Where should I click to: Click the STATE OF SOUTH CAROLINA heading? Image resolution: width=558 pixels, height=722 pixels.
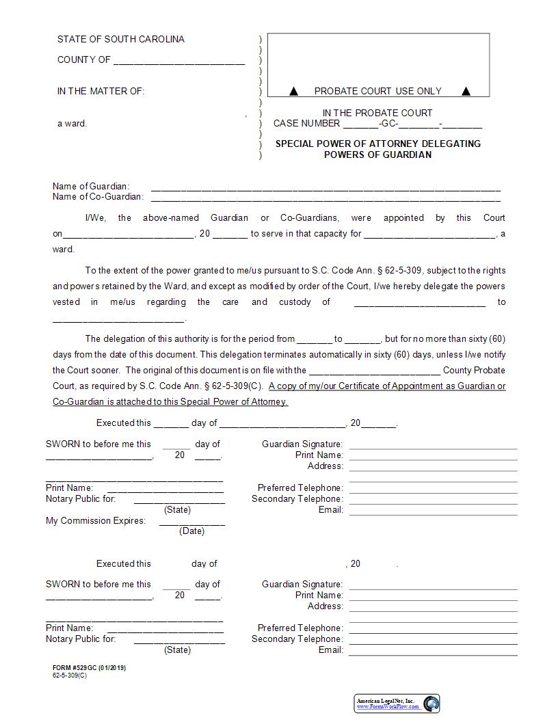pyautogui.click(x=120, y=40)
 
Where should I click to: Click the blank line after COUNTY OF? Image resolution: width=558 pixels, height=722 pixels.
pyautogui.click(x=179, y=63)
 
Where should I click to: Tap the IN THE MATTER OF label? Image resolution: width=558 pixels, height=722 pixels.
pyautogui.click(x=101, y=92)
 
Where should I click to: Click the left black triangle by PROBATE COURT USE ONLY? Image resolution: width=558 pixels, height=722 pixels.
pyautogui.click(x=293, y=91)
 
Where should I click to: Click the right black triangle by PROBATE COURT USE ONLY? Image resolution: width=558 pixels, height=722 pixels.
pyautogui.click(x=466, y=91)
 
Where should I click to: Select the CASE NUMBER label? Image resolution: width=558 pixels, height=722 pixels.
pyautogui.click(x=306, y=124)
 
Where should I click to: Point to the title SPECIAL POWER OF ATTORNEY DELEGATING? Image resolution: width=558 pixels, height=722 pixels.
pyautogui.click(x=377, y=144)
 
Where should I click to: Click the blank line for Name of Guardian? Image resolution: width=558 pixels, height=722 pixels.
pyautogui.click(x=325, y=189)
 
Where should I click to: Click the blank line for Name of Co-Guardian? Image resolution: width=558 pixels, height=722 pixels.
pyautogui.click(x=325, y=200)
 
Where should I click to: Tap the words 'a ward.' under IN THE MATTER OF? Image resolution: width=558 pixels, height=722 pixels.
pyautogui.click(x=72, y=124)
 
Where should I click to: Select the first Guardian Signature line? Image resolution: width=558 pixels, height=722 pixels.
pyautogui.click(x=433, y=448)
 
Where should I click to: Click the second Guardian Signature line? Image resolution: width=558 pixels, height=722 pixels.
pyautogui.click(x=433, y=588)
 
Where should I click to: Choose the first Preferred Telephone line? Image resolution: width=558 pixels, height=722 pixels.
pyautogui.click(x=433, y=492)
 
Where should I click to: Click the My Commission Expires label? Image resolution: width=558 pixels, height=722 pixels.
pyautogui.click(x=96, y=521)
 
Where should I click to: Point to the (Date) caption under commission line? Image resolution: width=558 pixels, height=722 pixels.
pyautogui.click(x=191, y=531)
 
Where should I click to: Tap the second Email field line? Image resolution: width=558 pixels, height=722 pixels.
pyautogui.click(x=433, y=654)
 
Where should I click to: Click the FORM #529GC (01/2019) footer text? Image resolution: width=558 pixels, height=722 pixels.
pyautogui.click(x=89, y=668)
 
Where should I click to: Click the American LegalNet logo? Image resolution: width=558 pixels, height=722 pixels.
pyautogui.click(x=397, y=704)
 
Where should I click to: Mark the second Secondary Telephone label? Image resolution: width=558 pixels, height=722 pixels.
pyautogui.click(x=297, y=639)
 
